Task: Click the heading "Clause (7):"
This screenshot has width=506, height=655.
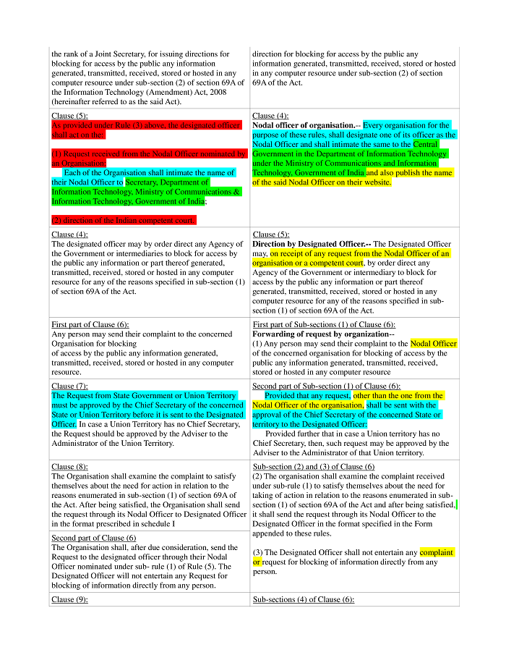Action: tap(69, 386)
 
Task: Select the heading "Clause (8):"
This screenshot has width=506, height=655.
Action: tap(69, 467)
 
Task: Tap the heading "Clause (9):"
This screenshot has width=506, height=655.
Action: tap(69, 600)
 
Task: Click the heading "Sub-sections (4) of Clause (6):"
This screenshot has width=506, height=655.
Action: tap(303, 600)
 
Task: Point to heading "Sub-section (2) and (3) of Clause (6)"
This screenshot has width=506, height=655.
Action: tap(314, 467)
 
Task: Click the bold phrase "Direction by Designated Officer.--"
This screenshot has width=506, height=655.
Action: tap(312, 244)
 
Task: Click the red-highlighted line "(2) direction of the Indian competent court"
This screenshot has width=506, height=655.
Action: tap(123, 220)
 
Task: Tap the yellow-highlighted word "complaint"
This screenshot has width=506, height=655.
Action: tap(437, 552)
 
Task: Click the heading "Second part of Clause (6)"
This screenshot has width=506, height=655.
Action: tap(93, 538)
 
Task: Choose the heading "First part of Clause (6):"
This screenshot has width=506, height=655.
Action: tap(90, 324)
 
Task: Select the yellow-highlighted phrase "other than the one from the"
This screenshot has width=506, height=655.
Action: tap(398, 396)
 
